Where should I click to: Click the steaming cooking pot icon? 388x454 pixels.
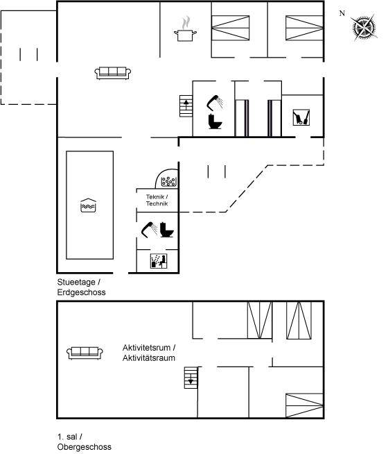coord(186,30)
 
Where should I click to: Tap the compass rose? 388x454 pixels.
coord(364,28)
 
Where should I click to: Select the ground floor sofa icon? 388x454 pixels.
coord(113,73)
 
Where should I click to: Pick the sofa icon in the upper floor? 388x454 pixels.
coord(85,353)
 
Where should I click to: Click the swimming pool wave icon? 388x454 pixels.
coord(88,205)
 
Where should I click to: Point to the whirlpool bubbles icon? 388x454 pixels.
coord(168,182)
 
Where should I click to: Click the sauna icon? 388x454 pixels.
coord(159,261)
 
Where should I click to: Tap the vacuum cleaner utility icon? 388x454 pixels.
coord(301,117)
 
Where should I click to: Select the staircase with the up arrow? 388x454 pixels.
coord(186,106)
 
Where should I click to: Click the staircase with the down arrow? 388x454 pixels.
coord(191,378)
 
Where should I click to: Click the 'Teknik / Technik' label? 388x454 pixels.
coord(157,200)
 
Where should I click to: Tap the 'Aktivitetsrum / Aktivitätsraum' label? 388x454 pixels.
coord(149,353)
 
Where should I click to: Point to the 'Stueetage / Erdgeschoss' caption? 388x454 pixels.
coord(81,287)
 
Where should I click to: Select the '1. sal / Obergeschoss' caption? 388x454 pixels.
coord(84,442)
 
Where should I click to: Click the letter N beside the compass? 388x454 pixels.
coord(342,13)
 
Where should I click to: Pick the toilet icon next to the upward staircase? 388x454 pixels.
coord(215,121)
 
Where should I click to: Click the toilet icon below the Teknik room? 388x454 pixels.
coord(167,230)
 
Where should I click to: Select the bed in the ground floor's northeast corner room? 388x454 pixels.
coord(304,28)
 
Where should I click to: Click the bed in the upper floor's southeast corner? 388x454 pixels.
coord(304,405)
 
